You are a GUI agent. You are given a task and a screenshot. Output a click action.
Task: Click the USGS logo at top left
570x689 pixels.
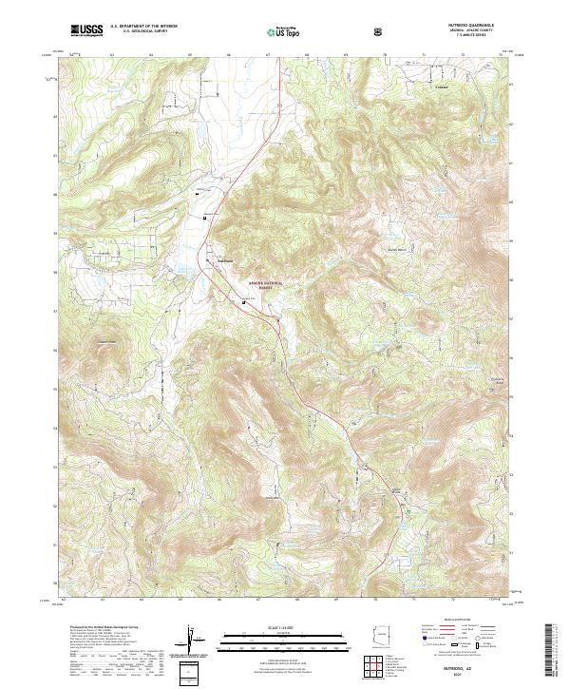(x=86, y=30)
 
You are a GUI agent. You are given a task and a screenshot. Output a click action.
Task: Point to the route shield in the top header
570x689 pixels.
(x=379, y=31)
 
